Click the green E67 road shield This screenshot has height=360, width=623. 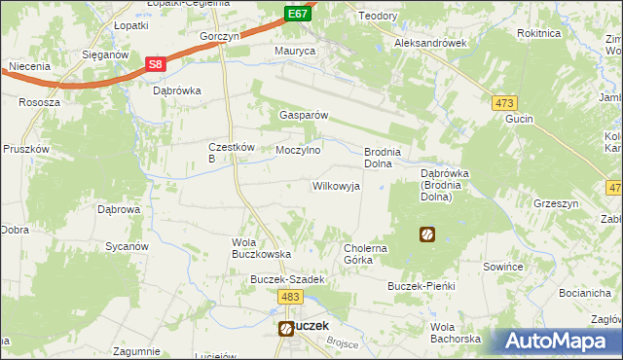click(x=299, y=14)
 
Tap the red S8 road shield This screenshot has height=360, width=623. click(x=155, y=64)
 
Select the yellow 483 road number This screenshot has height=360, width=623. click(x=289, y=297)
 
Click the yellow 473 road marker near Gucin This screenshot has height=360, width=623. click(x=504, y=102)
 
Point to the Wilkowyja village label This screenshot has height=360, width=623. click(x=336, y=185)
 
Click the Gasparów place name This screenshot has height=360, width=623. click(x=305, y=115)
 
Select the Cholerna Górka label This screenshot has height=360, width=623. click(x=368, y=254)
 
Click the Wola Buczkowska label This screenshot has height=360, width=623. click(x=261, y=247)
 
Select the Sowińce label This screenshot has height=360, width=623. click(x=504, y=266)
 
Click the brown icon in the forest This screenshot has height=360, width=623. click(x=426, y=234)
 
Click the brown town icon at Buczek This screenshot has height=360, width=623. click(x=285, y=329)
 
